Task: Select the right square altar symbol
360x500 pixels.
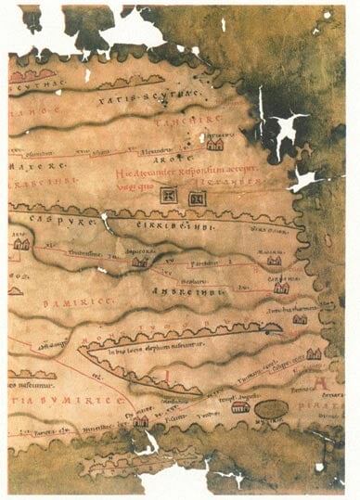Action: point(195,197)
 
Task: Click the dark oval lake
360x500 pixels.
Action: point(271,409)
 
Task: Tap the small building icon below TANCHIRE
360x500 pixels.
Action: point(215,144)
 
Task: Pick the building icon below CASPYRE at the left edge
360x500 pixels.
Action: point(21,244)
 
